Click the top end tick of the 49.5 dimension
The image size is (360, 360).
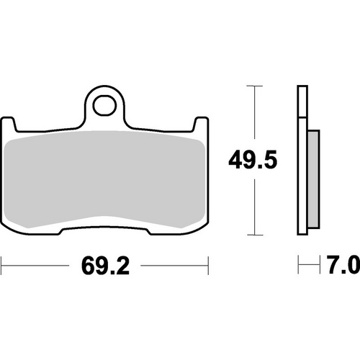pyautogui.click(x=251, y=86)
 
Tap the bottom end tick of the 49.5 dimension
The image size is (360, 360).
pyautogui.click(x=251, y=235)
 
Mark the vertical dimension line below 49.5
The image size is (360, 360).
pyautogui.click(x=251, y=205)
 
